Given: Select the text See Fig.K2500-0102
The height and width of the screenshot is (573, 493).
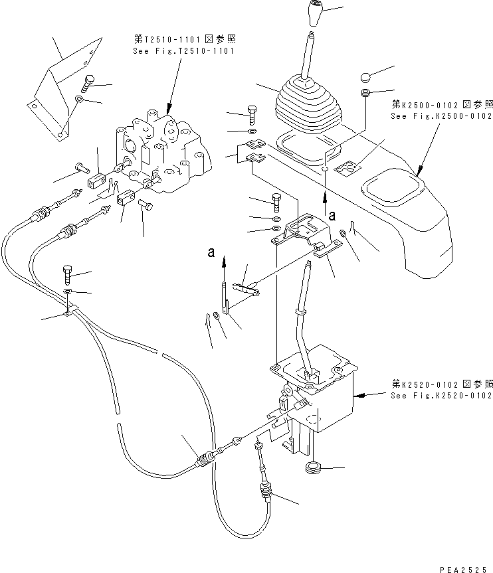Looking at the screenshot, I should pos(442,116).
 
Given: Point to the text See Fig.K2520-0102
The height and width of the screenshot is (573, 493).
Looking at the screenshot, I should pos(442,395).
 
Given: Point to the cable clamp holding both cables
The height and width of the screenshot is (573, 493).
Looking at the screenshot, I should pos(71,310).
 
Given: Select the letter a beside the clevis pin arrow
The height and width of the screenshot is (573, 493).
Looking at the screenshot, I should pos(211,252).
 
